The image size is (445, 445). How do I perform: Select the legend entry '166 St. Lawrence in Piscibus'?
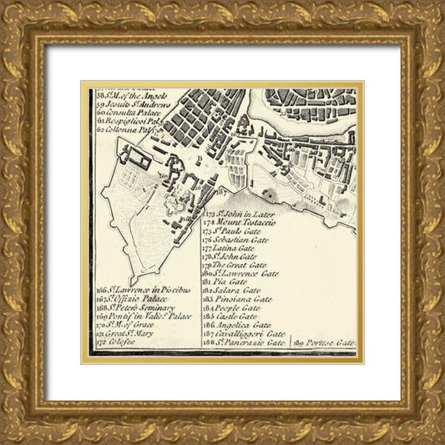pos(144,290)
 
